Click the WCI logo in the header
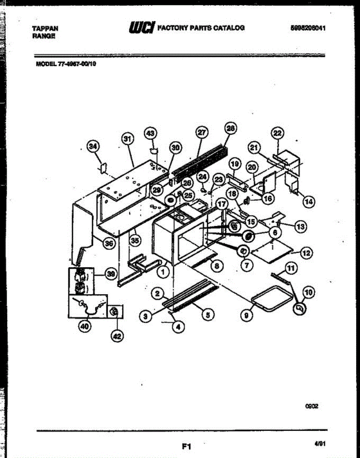point(142,27)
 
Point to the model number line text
point(66,64)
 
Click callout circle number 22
point(278,133)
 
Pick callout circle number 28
point(231,129)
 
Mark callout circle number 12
point(307,252)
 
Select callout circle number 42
point(117,336)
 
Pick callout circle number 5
point(208,315)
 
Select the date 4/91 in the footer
point(320,444)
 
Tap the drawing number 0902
point(312,407)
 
